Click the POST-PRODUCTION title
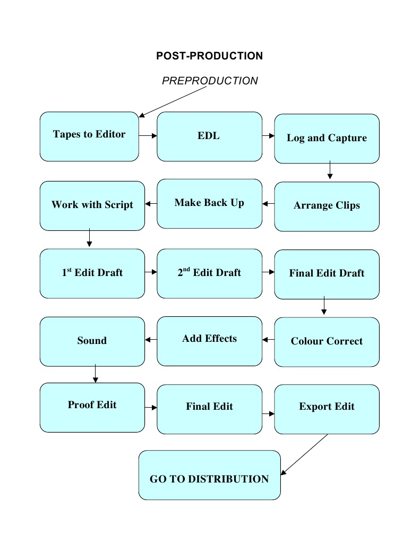[x=209, y=56]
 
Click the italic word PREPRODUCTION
[x=210, y=81]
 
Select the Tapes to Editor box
[x=89, y=136]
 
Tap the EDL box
[x=209, y=136]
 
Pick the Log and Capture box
[x=327, y=139]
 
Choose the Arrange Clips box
[x=327, y=206]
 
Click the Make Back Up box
[x=209, y=204]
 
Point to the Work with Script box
[x=92, y=206]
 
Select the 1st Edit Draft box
[x=92, y=273]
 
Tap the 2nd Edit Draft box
[x=209, y=273]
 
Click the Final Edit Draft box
[x=327, y=274]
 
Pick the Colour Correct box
[x=327, y=342]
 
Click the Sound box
[x=92, y=341]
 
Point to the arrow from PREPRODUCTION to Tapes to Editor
[x=172, y=101]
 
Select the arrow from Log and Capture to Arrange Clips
[x=330, y=170]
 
